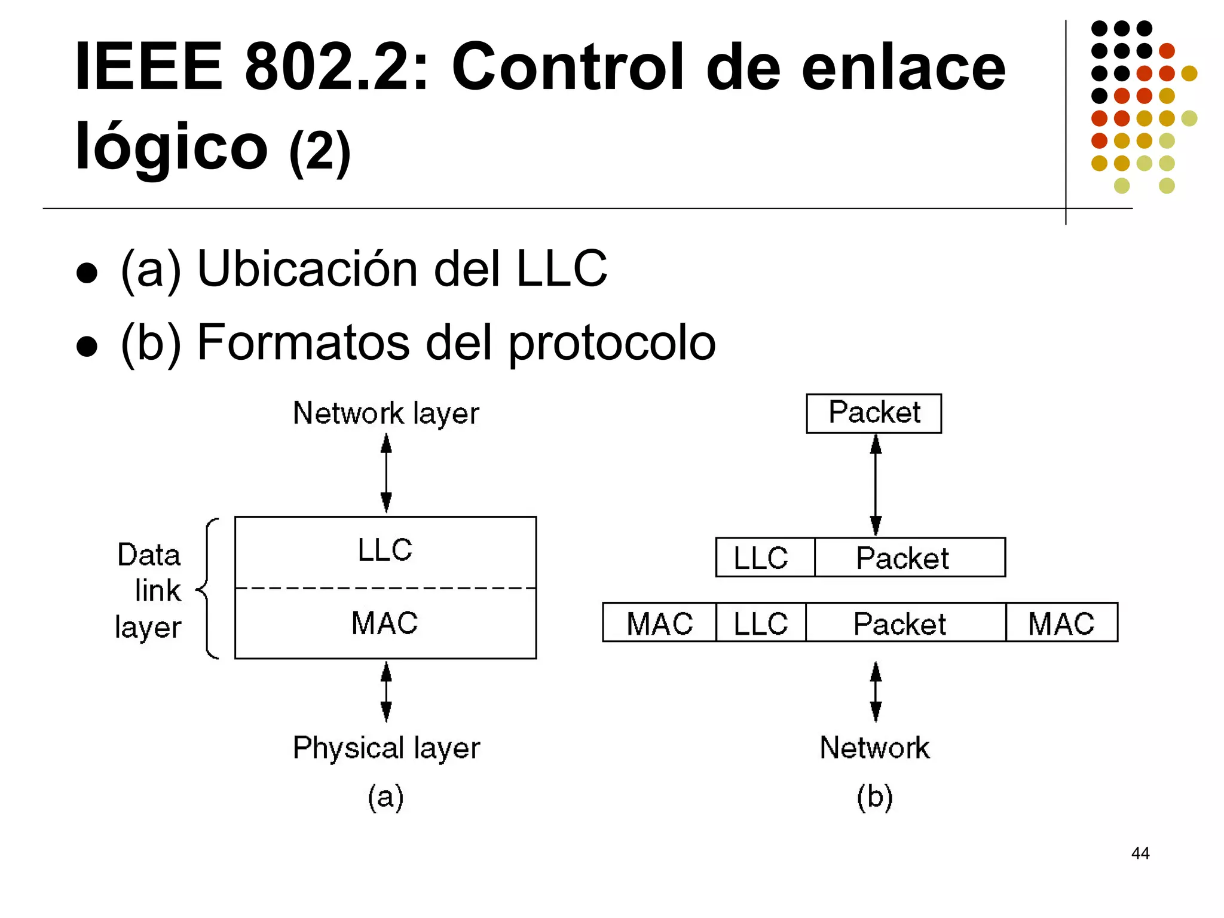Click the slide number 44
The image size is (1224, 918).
(1140, 853)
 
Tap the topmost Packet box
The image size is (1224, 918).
(874, 413)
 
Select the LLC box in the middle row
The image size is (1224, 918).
(764, 558)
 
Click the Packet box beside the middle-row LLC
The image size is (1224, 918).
(909, 558)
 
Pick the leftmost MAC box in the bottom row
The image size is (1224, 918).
(659, 623)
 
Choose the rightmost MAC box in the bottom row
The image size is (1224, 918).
(1061, 623)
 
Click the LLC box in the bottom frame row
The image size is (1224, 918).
(761, 623)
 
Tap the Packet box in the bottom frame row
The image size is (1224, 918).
(905, 623)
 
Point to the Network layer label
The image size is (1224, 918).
(386, 414)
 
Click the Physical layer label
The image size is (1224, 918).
(386, 748)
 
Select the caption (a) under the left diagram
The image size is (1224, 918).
(385, 797)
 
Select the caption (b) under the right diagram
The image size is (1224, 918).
(874, 797)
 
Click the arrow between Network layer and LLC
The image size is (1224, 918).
(386, 473)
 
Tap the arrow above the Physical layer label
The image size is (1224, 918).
(386, 691)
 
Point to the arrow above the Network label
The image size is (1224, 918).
(876, 691)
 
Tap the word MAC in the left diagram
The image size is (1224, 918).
(385, 623)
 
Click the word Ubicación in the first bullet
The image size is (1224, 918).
(308, 269)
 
